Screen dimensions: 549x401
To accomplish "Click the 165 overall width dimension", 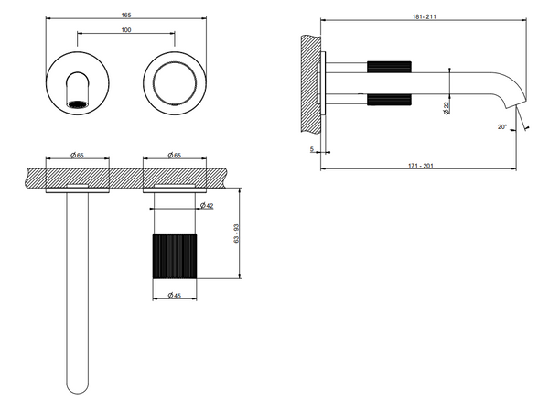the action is click(126, 15).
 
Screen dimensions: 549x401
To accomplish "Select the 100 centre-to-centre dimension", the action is click(126, 30).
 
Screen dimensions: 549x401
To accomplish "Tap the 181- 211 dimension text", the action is click(425, 16).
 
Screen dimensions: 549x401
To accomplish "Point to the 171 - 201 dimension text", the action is click(421, 166).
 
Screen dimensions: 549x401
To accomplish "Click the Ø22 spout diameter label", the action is click(447, 108).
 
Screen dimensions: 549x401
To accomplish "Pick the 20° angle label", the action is click(502, 126).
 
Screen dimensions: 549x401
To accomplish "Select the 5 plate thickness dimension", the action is click(312, 149).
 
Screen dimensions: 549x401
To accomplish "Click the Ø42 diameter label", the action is click(207, 206).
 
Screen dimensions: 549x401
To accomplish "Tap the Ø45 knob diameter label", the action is click(175, 295).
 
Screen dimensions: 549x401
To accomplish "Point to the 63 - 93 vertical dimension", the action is click(237, 233).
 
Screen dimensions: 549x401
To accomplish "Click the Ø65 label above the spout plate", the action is click(77, 155).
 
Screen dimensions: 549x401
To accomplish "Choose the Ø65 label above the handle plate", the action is click(175, 155).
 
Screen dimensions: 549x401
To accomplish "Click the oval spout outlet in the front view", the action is click(78, 104).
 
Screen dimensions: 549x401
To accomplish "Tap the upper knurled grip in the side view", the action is click(389, 67).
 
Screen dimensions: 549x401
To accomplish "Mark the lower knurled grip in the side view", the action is click(389, 100).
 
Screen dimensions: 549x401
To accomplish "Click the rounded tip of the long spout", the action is click(78, 388).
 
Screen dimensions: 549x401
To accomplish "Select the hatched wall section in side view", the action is click(310, 83).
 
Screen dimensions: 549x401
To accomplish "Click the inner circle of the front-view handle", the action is click(175, 83).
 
